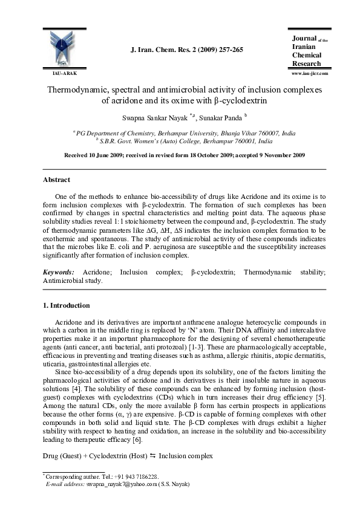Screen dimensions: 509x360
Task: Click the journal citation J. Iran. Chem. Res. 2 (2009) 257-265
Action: (x=187, y=50)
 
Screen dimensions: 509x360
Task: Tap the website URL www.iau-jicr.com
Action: (x=309, y=73)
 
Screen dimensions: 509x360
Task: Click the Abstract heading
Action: (x=56, y=180)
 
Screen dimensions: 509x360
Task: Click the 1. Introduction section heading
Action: (x=66, y=305)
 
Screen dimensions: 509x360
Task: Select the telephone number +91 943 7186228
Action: (x=135, y=476)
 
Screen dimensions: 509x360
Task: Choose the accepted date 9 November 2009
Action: (x=277, y=155)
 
